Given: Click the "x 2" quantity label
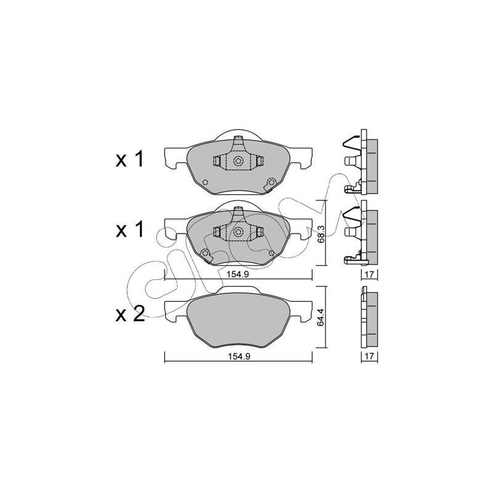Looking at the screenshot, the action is (x=130, y=314).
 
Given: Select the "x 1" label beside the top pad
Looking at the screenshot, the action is (x=130, y=159).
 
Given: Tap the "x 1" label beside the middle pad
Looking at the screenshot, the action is (x=130, y=229).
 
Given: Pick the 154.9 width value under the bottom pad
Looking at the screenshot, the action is (x=238, y=357).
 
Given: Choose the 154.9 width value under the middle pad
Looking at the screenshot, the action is (x=238, y=274).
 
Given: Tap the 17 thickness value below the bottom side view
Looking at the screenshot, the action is (x=369, y=356).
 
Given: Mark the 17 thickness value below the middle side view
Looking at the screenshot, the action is (x=369, y=274).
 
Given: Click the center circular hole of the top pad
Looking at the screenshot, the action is (x=238, y=161).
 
